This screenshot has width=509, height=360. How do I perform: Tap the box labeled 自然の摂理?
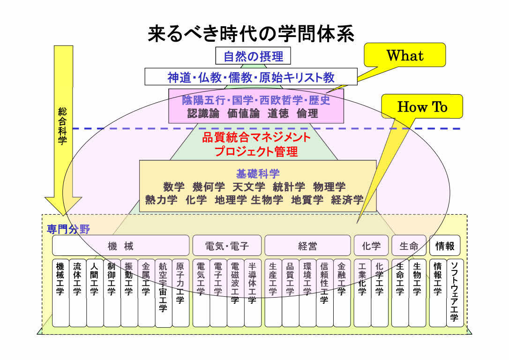[x=253, y=57]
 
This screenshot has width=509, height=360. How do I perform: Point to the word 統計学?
[x=289, y=187]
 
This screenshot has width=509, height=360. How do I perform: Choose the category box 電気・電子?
[x=227, y=246]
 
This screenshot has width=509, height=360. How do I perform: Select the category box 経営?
[x=307, y=246]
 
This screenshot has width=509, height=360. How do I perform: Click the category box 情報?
[x=445, y=246]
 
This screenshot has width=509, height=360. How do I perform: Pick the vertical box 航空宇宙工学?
[x=163, y=292]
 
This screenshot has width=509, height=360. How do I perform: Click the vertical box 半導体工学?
[x=252, y=292]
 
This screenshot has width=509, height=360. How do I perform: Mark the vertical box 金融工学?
[x=341, y=292]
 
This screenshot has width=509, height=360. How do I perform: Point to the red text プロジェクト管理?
[x=256, y=151]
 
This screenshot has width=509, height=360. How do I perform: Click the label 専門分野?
[x=68, y=229]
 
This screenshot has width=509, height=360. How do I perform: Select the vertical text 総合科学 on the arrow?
[x=63, y=126]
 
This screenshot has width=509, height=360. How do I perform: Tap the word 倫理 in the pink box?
[x=307, y=113]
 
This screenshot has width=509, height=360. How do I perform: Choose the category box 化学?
[x=371, y=246]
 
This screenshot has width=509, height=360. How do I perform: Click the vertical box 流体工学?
[x=77, y=292]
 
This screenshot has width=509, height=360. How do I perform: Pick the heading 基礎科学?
[x=258, y=174]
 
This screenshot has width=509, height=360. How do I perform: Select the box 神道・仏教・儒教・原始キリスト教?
[x=251, y=77]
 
